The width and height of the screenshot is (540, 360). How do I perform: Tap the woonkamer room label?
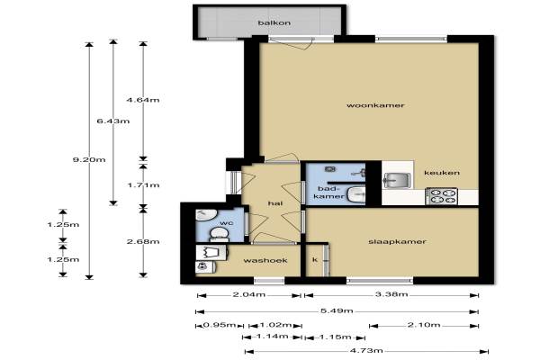[375, 105]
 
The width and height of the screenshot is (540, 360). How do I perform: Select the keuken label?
[442, 172]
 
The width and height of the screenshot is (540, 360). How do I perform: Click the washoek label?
[265, 260]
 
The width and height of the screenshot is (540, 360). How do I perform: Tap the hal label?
[275, 203]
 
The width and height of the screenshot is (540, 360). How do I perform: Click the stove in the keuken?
[442, 196]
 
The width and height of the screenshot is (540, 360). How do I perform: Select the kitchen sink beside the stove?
[397, 180]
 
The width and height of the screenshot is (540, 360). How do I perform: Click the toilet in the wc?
[219, 233]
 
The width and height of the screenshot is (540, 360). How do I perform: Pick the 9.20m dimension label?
[89, 159]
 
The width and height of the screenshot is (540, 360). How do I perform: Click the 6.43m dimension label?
[113, 121]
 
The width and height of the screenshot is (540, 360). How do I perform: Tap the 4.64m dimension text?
[143, 100]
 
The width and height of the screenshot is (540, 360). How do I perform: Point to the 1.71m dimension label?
[143, 185]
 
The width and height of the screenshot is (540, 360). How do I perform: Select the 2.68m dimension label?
[143, 241]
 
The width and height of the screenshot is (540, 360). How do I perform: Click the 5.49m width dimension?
[337, 310]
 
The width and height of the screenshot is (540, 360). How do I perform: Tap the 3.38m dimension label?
[391, 294]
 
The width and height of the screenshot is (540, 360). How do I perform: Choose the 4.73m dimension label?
[366, 351]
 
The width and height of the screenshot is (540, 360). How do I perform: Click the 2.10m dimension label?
[424, 325]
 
